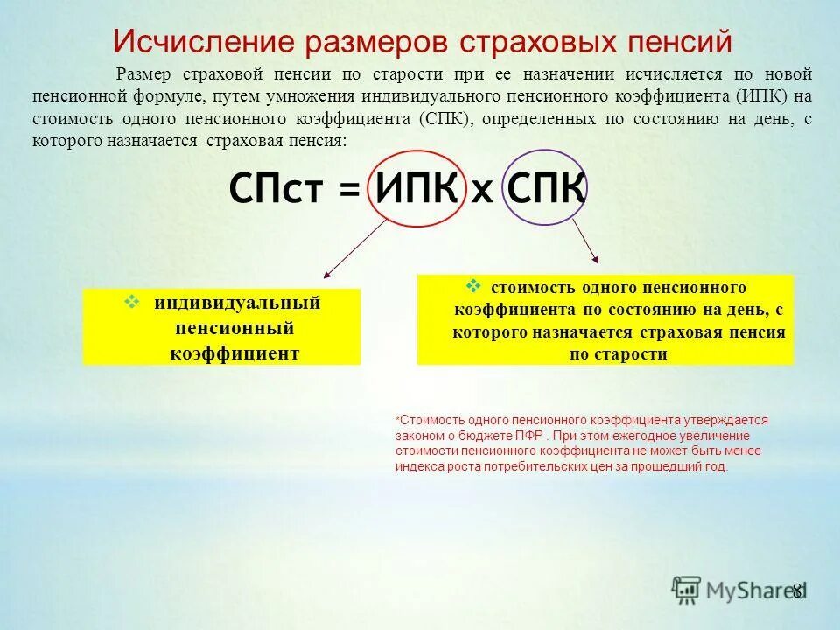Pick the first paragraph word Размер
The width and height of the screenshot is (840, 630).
click(x=145, y=74)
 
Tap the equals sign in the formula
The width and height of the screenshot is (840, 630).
click(x=348, y=189)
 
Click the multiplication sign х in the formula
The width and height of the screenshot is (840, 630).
click(x=482, y=191)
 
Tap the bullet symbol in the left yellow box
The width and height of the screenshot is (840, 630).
click(x=133, y=302)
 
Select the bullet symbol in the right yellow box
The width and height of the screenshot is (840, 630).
click(x=473, y=285)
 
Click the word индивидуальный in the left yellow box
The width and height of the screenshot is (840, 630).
click(x=237, y=304)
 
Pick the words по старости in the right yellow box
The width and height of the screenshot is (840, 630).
click(x=618, y=354)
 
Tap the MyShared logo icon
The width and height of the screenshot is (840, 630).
click(x=687, y=590)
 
